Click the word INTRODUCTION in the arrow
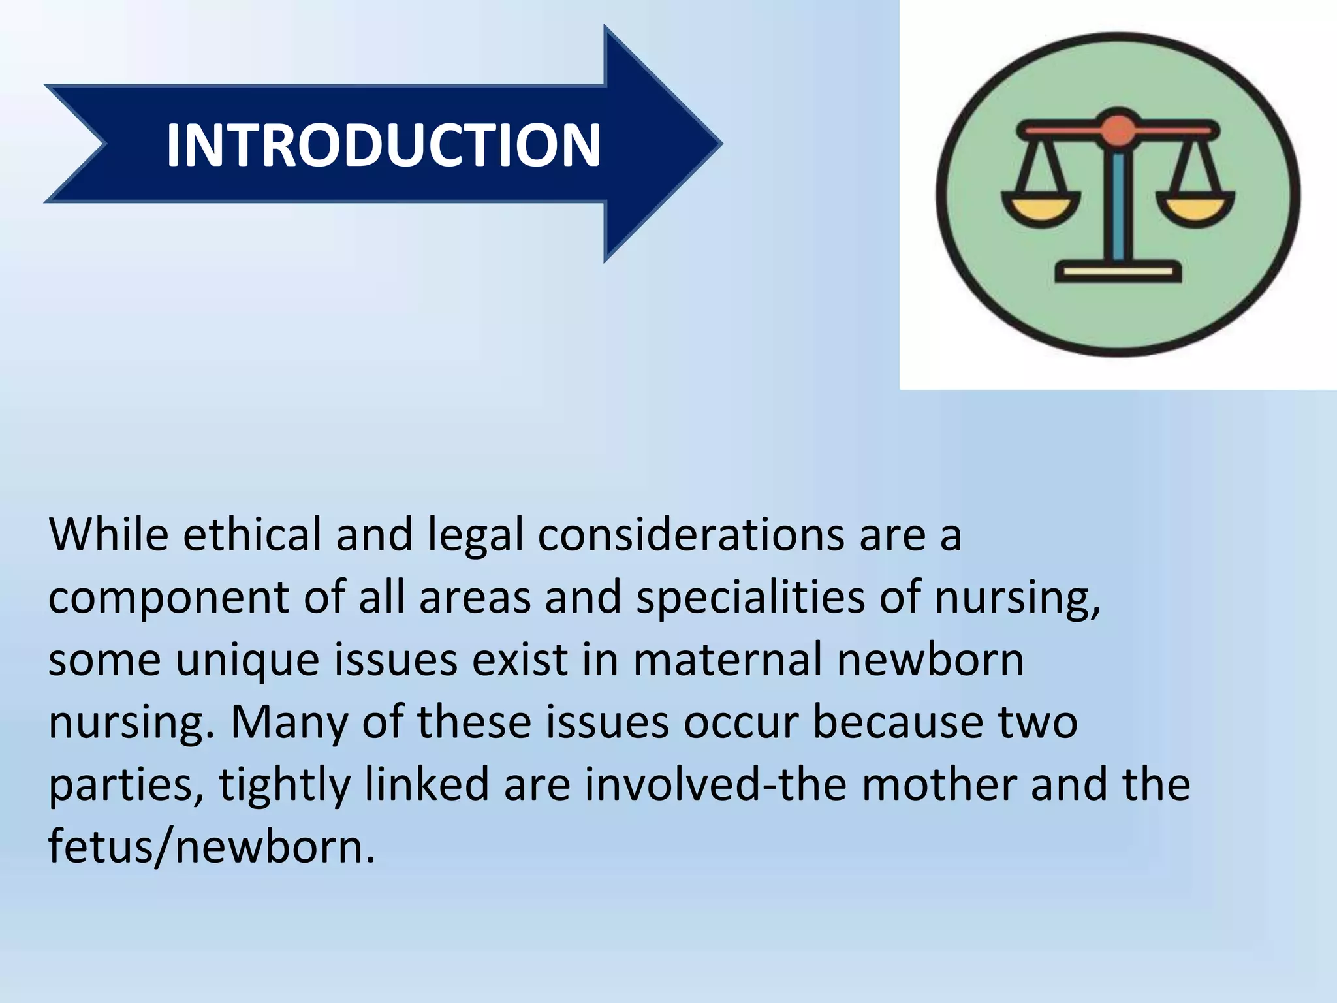pos(383,145)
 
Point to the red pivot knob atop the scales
pos(1118,129)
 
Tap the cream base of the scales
pos(1118,271)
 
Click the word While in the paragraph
pos(108,535)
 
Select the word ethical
pos(252,535)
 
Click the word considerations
pos(691,535)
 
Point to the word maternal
pos(727,660)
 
